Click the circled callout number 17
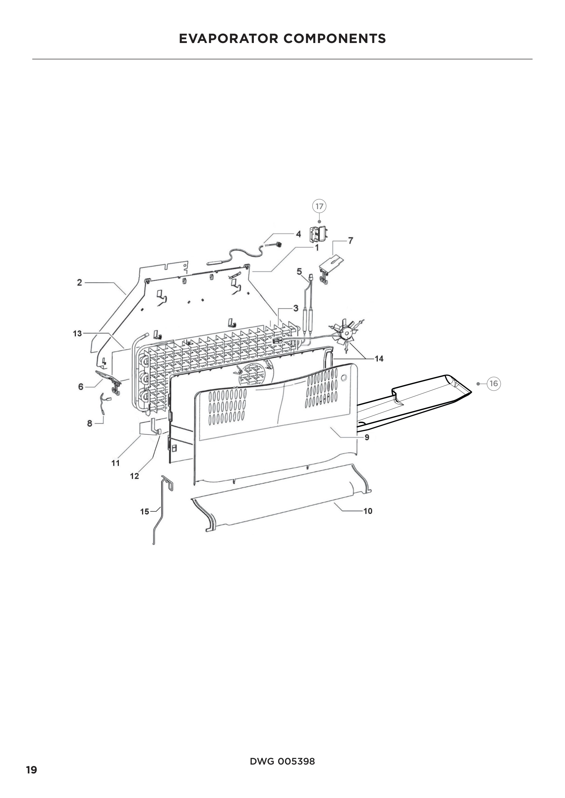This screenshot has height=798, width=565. (x=319, y=206)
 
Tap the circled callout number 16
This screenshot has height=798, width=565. (x=493, y=384)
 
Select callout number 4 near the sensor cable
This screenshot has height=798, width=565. (x=298, y=234)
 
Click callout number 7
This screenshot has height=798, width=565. (x=350, y=241)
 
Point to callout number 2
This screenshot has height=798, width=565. (x=80, y=282)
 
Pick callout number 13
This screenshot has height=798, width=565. (x=77, y=334)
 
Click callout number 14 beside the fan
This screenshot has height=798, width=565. (x=379, y=359)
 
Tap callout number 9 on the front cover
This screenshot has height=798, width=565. (x=367, y=437)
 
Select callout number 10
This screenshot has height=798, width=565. (x=368, y=511)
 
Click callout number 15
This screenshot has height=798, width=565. (x=145, y=512)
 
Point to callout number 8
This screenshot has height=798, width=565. (x=90, y=423)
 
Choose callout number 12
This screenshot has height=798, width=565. (x=135, y=476)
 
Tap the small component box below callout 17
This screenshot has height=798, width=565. (x=318, y=234)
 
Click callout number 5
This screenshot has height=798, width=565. (x=299, y=272)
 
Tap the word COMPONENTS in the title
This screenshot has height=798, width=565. (x=334, y=39)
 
